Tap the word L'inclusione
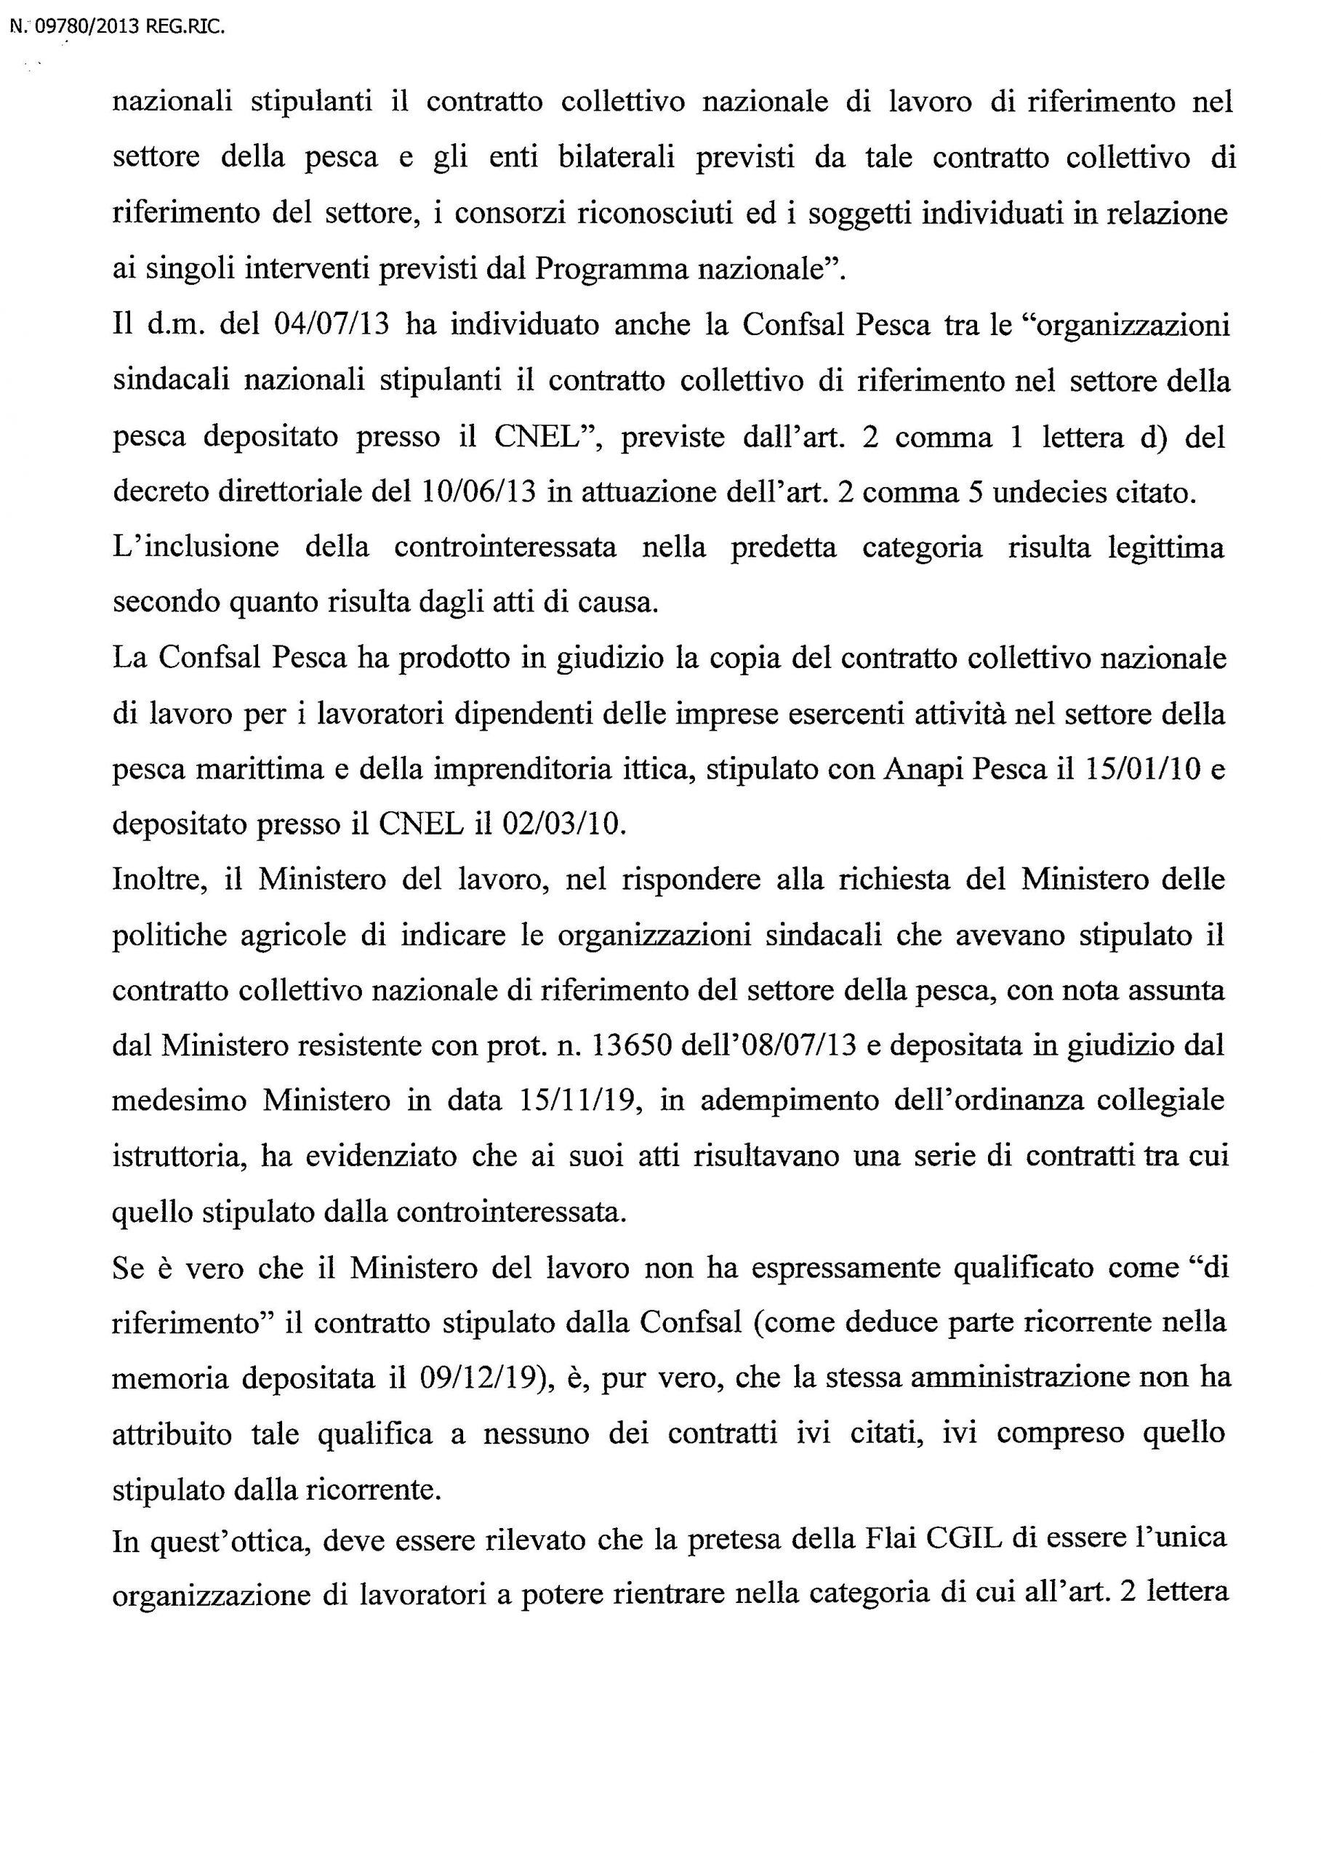(x=196, y=547)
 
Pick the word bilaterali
(x=617, y=158)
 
